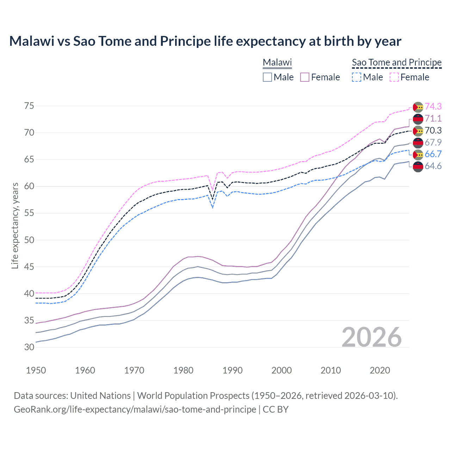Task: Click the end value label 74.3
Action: (x=433, y=106)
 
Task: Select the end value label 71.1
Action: (x=433, y=118)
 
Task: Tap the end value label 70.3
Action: (x=433, y=130)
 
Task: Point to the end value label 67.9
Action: (x=433, y=142)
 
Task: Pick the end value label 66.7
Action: (x=433, y=154)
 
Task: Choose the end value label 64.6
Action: (x=433, y=166)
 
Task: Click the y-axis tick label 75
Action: (x=29, y=106)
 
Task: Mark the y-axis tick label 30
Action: (x=29, y=347)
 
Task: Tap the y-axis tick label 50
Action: (x=29, y=240)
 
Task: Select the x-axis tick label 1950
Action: (x=36, y=370)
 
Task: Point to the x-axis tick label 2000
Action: (x=282, y=370)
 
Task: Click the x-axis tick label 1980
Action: (x=183, y=370)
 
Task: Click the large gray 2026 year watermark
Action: (x=371, y=337)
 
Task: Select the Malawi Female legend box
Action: (x=305, y=77)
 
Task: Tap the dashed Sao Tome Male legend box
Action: (x=357, y=77)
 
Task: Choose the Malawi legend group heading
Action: (x=277, y=62)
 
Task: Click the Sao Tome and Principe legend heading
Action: (x=397, y=62)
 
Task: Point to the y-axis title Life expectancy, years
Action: (x=15, y=226)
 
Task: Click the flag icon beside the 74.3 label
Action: (x=418, y=107)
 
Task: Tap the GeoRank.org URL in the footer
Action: (x=135, y=409)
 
